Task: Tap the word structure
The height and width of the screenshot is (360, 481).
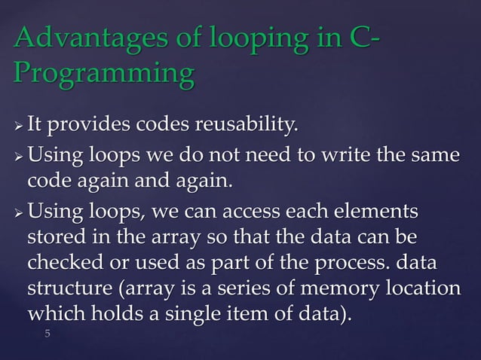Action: pos(69,291)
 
